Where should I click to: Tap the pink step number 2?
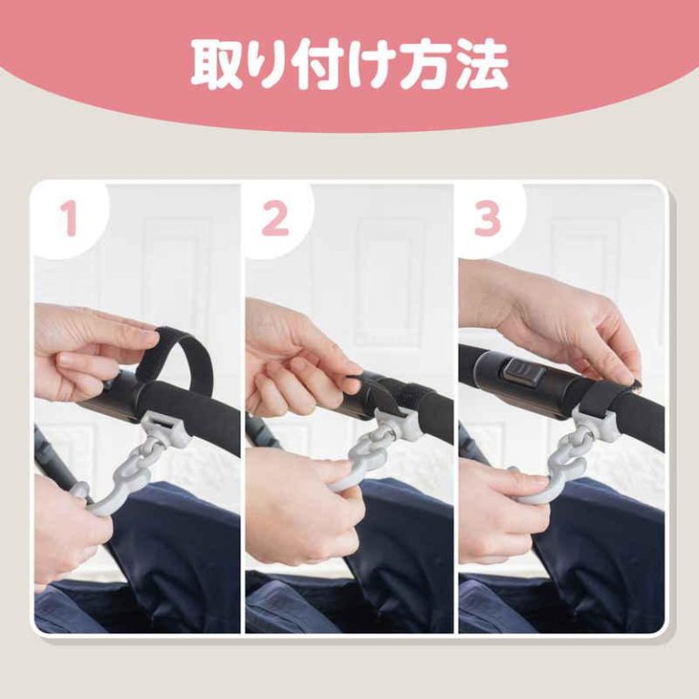point(275,218)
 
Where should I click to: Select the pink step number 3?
point(488,218)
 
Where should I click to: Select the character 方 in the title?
point(428,65)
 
